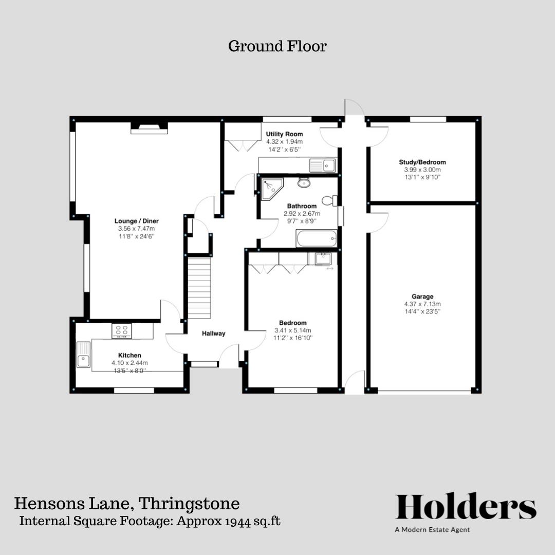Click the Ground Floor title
click(x=277, y=46)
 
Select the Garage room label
click(x=422, y=297)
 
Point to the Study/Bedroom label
click(x=422, y=162)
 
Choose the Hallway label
click(x=213, y=333)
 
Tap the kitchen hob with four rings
click(x=122, y=331)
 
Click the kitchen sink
click(x=83, y=355)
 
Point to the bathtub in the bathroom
click(x=317, y=238)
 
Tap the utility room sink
click(x=322, y=165)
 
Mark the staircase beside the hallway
click(x=199, y=288)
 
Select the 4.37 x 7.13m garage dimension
click(x=422, y=304)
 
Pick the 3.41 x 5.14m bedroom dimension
click(x=293, y=330)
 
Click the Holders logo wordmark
click(x=466, y=507)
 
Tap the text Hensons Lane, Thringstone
click(x=126, y=503)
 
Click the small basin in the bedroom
click(x=323, y=258)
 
